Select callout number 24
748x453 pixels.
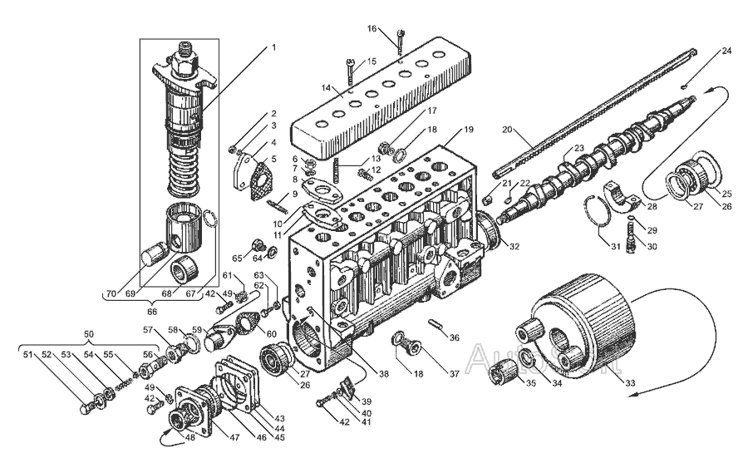point(726,51)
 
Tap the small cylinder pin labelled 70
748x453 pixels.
point(156,254)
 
